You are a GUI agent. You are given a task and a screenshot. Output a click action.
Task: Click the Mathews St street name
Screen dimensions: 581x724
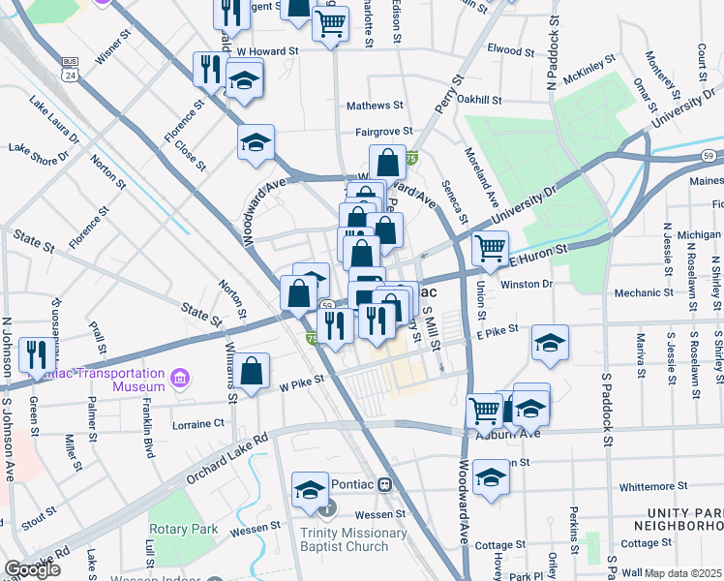click(375, 105)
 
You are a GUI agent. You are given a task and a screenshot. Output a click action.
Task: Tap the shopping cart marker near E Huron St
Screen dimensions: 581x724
click(490, 248)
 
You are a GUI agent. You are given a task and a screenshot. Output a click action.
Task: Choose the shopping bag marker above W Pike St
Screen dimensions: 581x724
click(251, 371)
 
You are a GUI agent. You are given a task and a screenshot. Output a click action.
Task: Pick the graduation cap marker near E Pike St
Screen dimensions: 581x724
click(550, 342)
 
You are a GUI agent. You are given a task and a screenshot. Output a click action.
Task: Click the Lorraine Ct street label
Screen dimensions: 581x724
click(198, 423)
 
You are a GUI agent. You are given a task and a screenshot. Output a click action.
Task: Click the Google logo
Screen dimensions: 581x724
click(32, 569)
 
